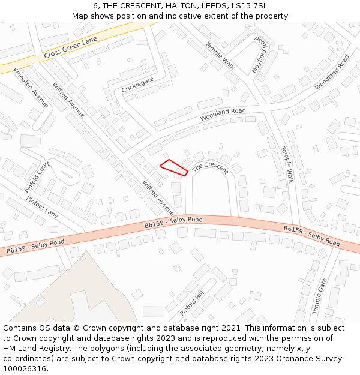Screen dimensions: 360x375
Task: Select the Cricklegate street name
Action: coord(138,85)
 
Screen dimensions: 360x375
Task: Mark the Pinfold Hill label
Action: coord(192,303)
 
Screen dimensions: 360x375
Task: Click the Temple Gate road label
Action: coord(319,296)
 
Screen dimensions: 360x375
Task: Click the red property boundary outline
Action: coord(174,167)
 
